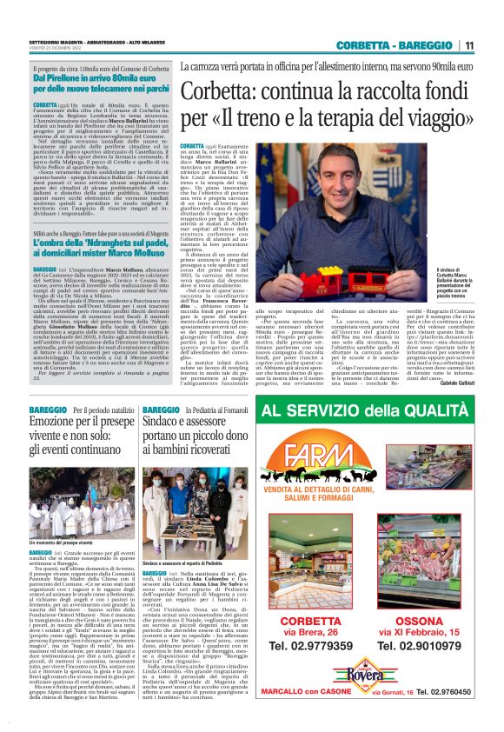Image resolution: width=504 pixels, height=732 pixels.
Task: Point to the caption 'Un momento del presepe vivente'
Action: click(x=66, y=516)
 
